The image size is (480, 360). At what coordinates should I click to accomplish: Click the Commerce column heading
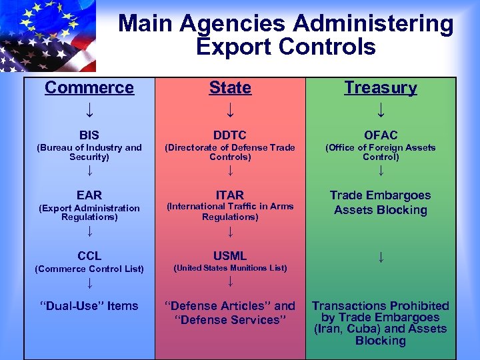pos(89,88)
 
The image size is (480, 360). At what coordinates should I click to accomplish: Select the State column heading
pos(230,88)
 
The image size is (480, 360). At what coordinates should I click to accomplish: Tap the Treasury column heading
pos(381,88)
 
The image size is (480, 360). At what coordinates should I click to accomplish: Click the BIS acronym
pos(89,135)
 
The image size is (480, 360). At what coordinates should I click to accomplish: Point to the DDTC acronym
pos(230,135)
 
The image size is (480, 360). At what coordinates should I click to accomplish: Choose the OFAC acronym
pos(381,135)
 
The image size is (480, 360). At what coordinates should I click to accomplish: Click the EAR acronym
pos(89,195)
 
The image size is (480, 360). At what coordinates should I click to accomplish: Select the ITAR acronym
pos(230,195)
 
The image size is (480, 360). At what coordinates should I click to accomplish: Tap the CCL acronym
pos(89,255)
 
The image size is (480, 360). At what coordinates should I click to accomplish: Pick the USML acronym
pos(230,255)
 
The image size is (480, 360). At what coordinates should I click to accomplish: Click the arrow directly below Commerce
pos(89,109)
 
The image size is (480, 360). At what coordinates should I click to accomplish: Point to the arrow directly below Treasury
pos(381,109)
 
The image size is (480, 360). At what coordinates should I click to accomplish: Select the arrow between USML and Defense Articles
pos(230,282)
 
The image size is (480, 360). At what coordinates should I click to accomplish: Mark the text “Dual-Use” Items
pos(89,306)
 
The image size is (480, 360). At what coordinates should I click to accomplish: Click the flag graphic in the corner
pos(47,35)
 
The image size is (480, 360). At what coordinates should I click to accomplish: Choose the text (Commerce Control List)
pos(89,269)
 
